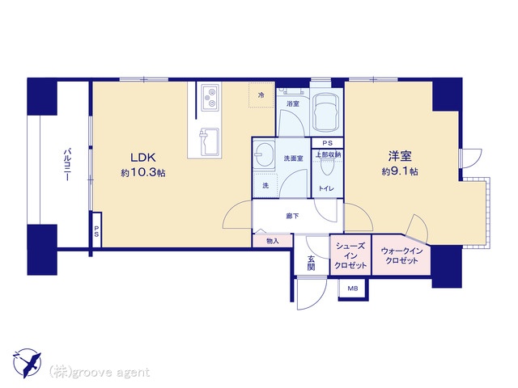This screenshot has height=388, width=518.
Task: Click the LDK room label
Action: pyautogui.click(x=143, y=158)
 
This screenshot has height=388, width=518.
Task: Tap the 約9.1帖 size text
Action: pyautogui.click(x=400, y=171)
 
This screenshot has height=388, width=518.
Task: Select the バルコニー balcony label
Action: pyautogui.click(x=67, y=165)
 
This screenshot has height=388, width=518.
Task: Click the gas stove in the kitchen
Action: pyautogui.click(x=210, y=97)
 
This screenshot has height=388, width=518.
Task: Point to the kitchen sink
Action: pyautogui.click(x=209, y=142)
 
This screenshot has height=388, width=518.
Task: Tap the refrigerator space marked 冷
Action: pyautogui.click(x=261, y=95)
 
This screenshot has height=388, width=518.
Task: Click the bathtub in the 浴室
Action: pyautogui.click(x=326, y=112)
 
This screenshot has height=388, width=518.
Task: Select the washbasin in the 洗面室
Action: pyautogui.click(x=264, y=155)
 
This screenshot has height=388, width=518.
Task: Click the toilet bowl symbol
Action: pyautogui.click(x=327, y=169)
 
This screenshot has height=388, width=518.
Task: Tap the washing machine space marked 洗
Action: pyautogui.click(x=265, y=185)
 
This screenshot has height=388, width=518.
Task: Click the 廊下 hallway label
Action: pyautogui.click(x=292, y=216)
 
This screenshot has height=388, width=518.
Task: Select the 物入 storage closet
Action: pyautogui.click(x=273, y=241)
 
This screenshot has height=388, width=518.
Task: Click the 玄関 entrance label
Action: pyautogui.click(x=311, y=263)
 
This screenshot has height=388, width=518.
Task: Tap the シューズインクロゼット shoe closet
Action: pyautogui.click(x=350, y=255)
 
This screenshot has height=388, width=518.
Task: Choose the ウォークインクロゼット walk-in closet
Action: pyautogui.click(x=401, y=255)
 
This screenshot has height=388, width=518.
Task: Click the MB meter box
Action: pyautogui.click(x=353, y=289)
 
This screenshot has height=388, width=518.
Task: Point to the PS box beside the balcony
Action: pyautogui.click(x=96, y=230)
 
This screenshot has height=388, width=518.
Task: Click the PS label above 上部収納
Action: pyautogui.click(x=327, y=143)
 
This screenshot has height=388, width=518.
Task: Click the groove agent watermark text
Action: pyautogui.click(x=100, y=373)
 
